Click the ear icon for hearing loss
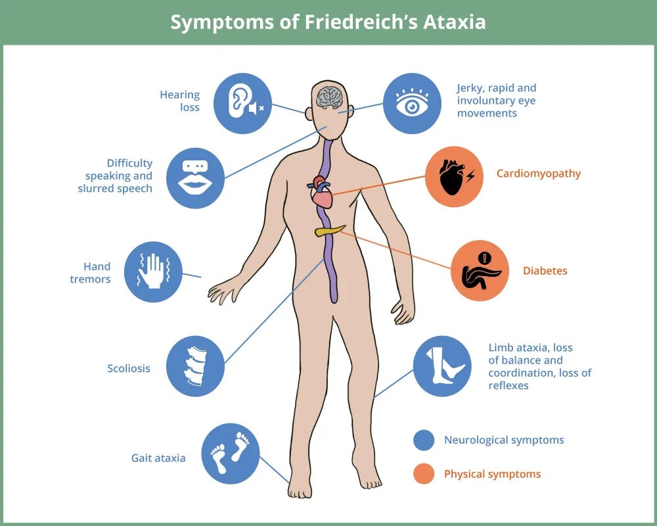242,104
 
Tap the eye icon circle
413,104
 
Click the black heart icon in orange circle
454,177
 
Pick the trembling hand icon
153,272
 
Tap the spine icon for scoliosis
195,366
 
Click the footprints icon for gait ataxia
231,454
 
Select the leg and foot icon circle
442,366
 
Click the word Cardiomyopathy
539,174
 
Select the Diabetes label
545,271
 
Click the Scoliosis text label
129,368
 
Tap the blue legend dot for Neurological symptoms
424,440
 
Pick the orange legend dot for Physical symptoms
424,474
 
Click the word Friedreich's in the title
361,22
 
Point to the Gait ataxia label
158,458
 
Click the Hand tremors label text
91,273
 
